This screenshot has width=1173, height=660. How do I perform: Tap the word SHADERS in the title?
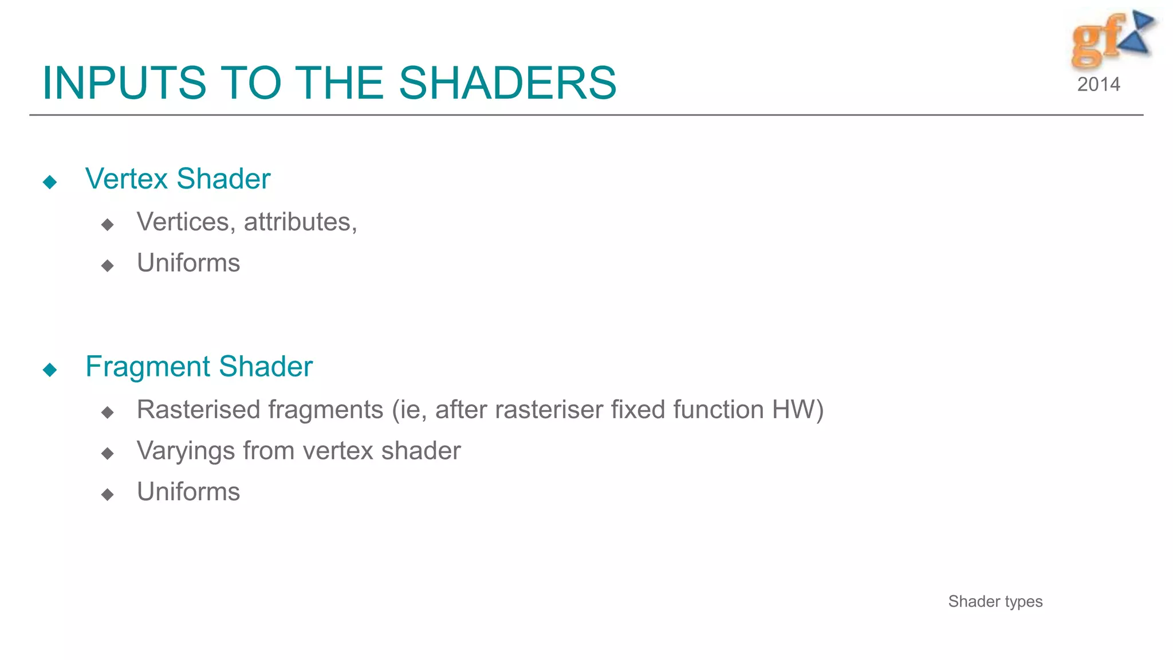pos(507,84)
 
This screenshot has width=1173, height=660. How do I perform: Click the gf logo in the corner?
pos(1111,39)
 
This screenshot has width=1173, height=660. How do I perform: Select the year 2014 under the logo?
pos(1098,85)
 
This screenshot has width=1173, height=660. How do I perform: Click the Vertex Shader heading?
pos(178,179)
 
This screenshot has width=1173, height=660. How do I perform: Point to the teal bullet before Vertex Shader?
pos(50,182)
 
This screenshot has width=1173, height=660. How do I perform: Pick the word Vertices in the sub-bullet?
pos(183,222)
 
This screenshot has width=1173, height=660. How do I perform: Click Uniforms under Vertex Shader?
pos(188,264)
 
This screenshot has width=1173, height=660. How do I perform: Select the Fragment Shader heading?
pos(199,367)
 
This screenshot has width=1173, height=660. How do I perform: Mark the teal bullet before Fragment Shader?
pos(50,370)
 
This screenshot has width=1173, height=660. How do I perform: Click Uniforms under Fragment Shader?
pos(188,492)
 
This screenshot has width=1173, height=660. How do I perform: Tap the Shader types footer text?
pos(995,602)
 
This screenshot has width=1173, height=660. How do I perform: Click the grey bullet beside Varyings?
pos(107,454)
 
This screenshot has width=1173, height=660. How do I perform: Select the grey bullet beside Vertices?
pos(107,225)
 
